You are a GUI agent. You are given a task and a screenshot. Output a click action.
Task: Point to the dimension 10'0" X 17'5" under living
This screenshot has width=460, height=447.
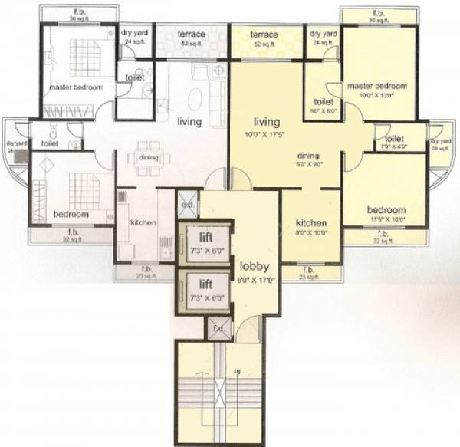click(265, 135)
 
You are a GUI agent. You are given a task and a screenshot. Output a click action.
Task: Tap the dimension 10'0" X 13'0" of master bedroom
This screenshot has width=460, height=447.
click(376, 96)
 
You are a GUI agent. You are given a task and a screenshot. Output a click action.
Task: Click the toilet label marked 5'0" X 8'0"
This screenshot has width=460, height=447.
click(323, 110)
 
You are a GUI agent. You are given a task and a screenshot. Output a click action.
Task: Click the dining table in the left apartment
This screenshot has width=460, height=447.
click(149, 157)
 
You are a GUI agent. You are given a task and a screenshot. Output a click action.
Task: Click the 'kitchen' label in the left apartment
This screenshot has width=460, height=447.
click(143, 223)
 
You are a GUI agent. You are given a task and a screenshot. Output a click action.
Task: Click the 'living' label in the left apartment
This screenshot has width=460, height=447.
click(189, 122)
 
